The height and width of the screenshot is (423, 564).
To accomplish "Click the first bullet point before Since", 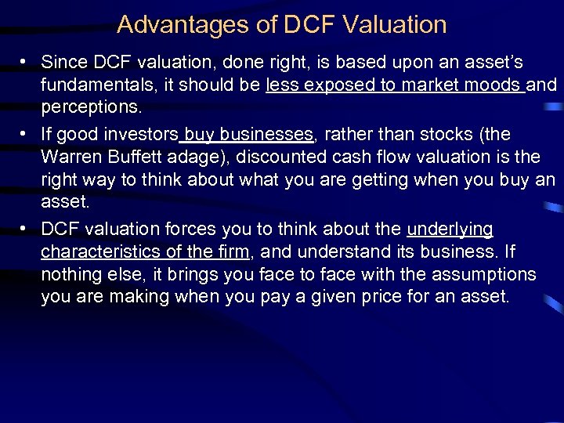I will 25,61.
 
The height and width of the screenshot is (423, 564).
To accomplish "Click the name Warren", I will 70,157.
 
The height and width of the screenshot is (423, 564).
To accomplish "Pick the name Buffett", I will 134,157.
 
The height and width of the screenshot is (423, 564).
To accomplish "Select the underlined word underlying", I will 450,230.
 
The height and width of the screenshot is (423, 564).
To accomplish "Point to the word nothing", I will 69,275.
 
